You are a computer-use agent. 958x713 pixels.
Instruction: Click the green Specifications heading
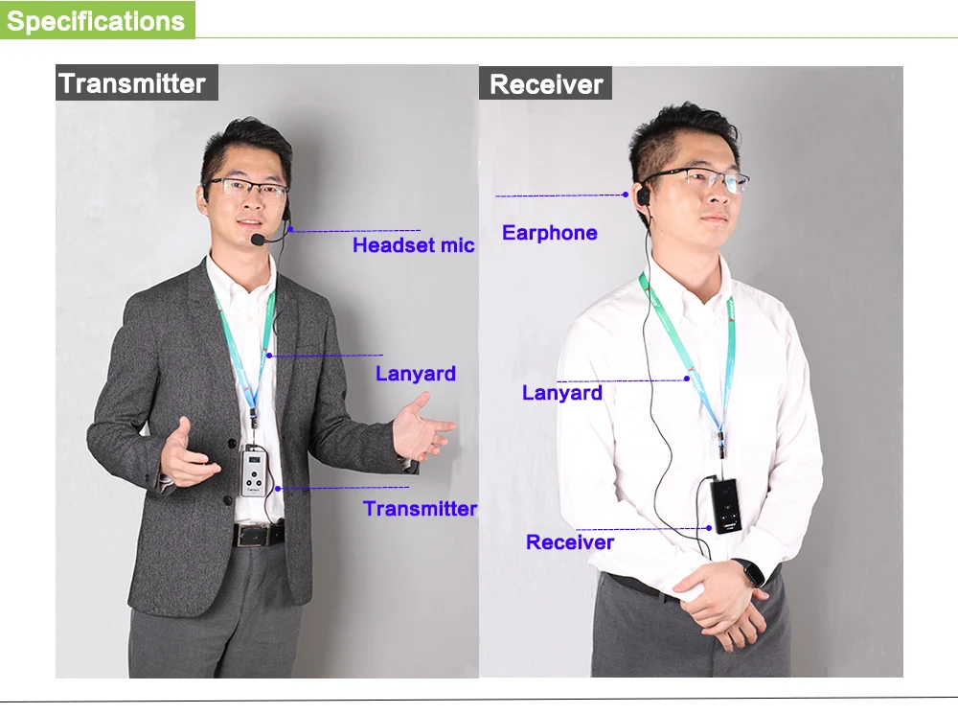(96, 20)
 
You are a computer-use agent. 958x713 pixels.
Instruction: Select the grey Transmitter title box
(133, 83)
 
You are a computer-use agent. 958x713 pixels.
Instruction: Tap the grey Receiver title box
(545, 84)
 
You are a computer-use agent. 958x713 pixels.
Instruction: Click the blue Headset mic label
(413, 245)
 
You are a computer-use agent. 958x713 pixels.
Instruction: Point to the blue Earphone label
(549, 233)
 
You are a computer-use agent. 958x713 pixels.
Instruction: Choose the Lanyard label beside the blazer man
(415, 374)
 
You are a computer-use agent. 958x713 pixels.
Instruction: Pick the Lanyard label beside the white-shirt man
(561, 393)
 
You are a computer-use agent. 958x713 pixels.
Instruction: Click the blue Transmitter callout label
(420, 509)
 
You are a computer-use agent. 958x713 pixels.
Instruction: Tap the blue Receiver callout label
(570, 542)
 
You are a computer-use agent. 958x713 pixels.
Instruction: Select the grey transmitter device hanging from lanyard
(255, 471)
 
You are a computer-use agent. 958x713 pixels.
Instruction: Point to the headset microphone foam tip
(258, 238)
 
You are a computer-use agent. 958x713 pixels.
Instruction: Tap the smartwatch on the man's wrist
(753, 572)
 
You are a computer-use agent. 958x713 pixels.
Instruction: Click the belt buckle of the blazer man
(258, 534)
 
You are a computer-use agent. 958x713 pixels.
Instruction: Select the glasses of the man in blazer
(246, 188)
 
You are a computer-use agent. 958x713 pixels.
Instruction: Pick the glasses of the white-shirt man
(705, 179)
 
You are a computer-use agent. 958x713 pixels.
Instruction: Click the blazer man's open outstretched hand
(422, 429)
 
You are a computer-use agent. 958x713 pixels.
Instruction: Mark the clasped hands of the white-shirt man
(718, 599)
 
